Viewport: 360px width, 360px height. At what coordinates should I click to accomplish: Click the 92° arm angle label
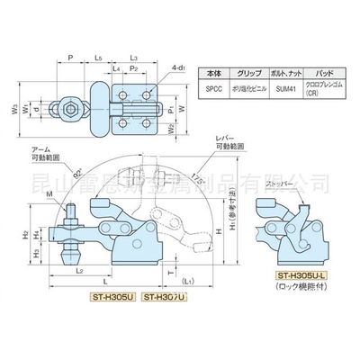[x=78, y=166]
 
